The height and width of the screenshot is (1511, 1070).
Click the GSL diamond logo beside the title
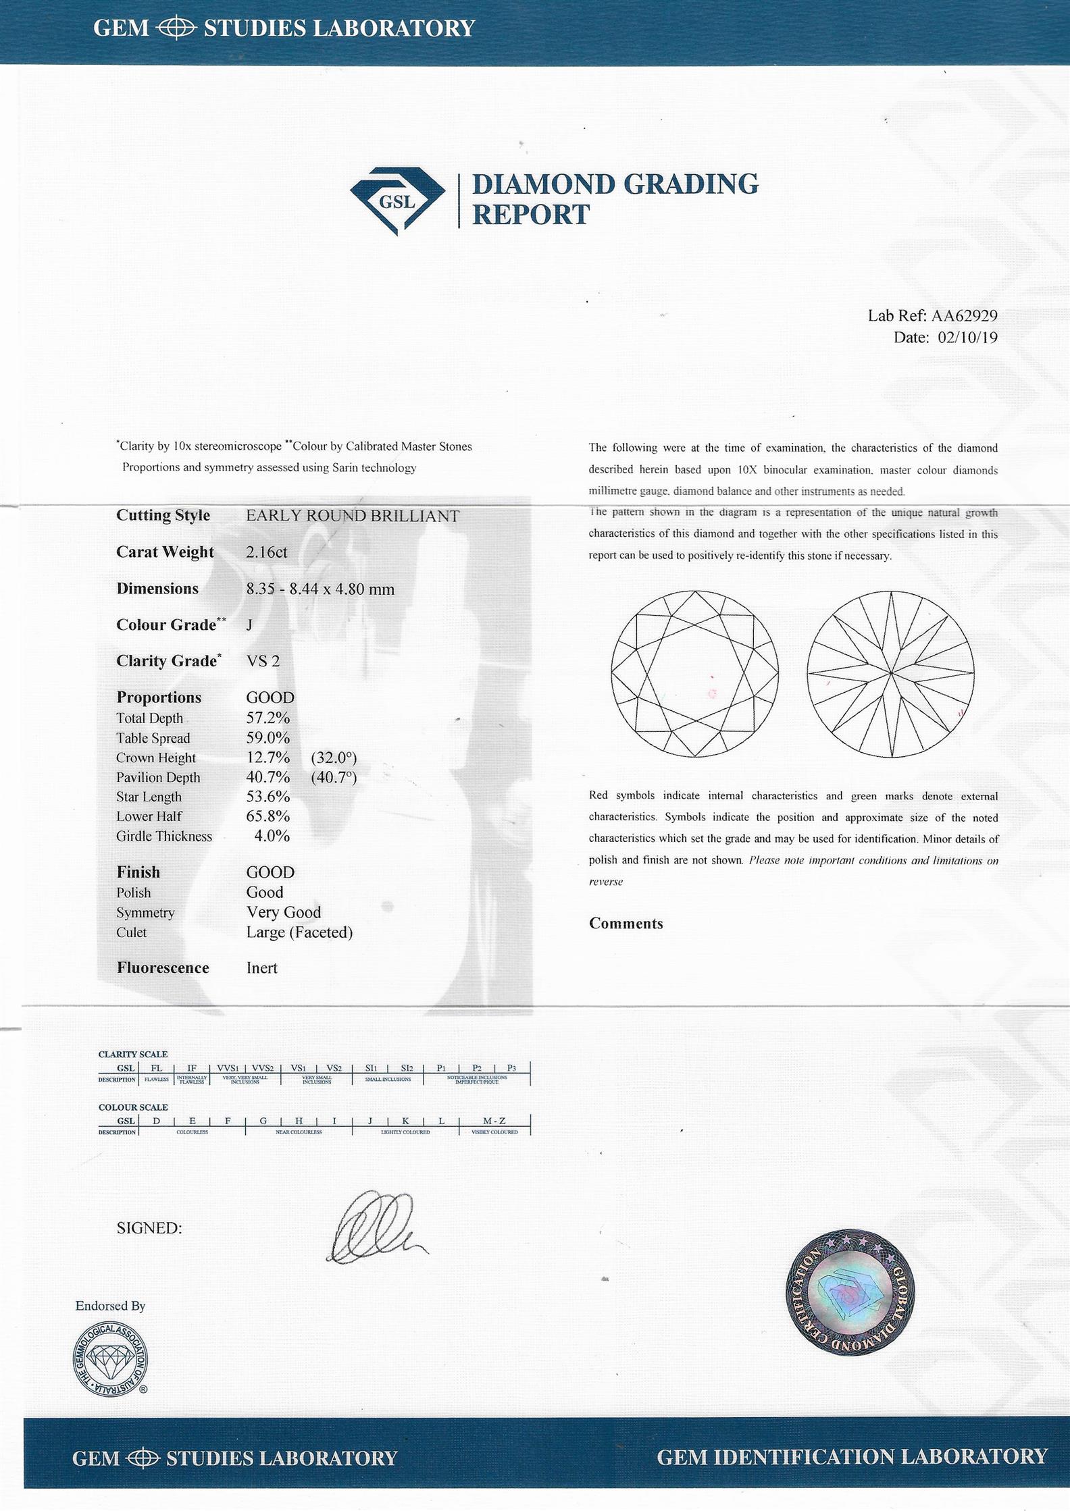tap(397, 201)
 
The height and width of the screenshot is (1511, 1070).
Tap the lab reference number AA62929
tap(964, 315)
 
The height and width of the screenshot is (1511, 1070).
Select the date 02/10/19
tap(967, 338)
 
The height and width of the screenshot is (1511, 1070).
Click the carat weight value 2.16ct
tap(267, 552)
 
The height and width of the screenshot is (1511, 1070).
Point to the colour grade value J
tap(249, 625)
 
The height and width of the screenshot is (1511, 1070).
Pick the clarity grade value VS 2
tap(263, 661)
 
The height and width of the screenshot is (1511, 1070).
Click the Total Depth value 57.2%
tap(267, 718)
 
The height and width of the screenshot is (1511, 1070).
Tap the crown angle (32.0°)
tap(334, 758)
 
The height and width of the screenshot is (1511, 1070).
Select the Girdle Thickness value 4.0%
tap(272, 836)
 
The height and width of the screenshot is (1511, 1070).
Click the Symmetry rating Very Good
tap(284, 912)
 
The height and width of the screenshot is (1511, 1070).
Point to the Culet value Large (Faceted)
tap(299, 932)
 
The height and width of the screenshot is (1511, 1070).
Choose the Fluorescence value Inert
tap(261, 967)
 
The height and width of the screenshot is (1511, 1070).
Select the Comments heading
tap(626, 924)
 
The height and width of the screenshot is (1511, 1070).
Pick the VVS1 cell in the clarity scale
tap(227, 1068)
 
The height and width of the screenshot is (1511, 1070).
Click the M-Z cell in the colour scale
tap(494, 1121)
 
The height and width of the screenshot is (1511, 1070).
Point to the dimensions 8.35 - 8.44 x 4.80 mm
tap(320, 589)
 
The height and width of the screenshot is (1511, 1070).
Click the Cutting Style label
tap(163, 515)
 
